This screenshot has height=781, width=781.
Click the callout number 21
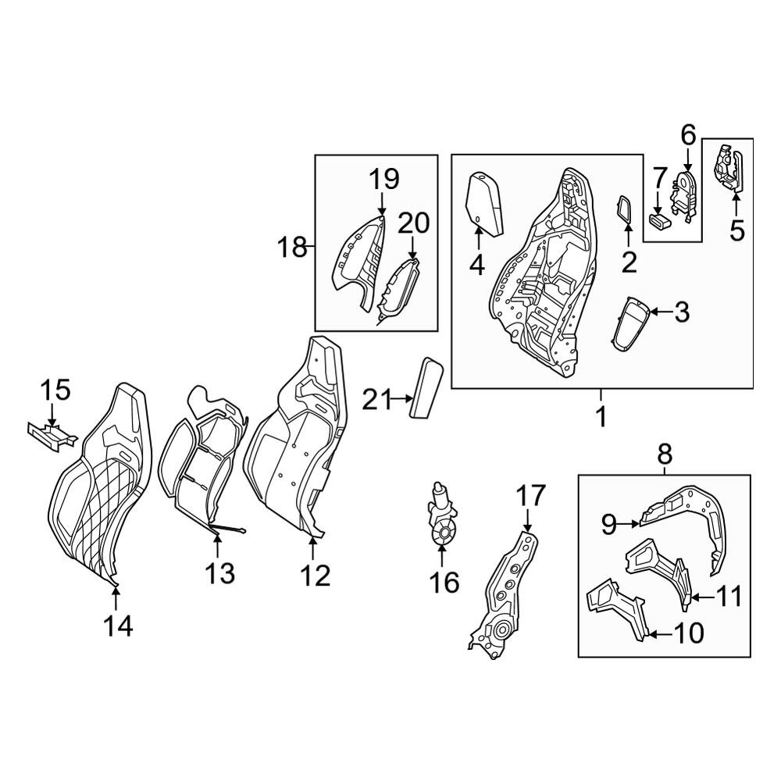[x=376, y=399]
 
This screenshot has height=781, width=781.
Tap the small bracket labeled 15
[x=52, y=437]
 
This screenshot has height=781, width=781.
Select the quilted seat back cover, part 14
[x=100, y=483]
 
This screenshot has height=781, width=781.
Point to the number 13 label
[x=219, y=573]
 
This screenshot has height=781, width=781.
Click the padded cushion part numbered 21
[x=426, y=387]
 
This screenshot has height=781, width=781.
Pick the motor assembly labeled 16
[x=440, y=517]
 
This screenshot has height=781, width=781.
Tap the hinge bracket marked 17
[x=503, y=595]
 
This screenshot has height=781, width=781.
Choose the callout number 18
[x=292, y=247]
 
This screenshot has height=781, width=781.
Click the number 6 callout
[x=688, y=135]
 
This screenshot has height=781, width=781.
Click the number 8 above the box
[x=665, y=454]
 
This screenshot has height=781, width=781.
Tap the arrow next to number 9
[x=629, y=523]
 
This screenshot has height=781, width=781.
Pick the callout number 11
[x=728, y=596]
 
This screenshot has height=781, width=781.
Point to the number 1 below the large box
[x=601, y=417]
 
